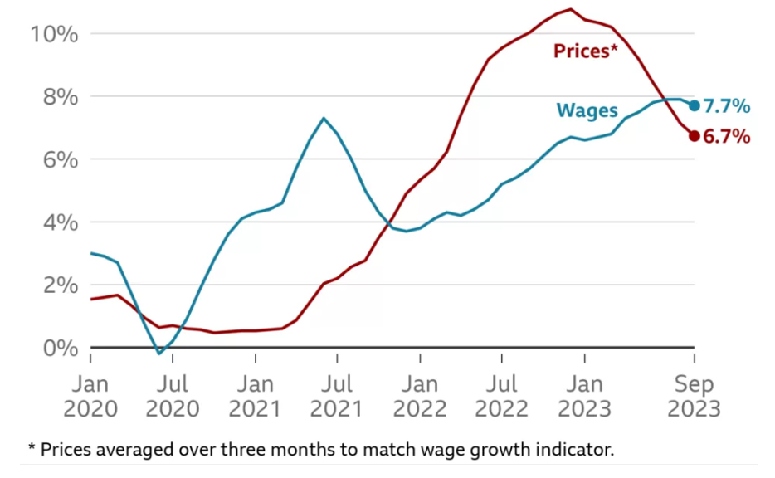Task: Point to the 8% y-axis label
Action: [60, 97]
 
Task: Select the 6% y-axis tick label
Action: [60, 159]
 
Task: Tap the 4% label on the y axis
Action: [60, 222]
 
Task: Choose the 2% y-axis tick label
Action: [60, 285]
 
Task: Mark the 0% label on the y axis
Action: [60, 348]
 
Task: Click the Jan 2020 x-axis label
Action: [90, 397]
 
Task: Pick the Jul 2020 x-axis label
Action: [173, 397]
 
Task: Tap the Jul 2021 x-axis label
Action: [337, 397]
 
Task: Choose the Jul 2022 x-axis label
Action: [502, 397]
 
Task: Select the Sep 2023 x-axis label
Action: [695, 397]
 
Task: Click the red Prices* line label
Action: [586, 52]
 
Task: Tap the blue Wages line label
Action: [587, 110]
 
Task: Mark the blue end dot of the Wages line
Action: [695, 105]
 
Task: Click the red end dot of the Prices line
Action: [695, 136]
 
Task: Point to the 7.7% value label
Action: [727, 106]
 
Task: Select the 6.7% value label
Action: [727, 137]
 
